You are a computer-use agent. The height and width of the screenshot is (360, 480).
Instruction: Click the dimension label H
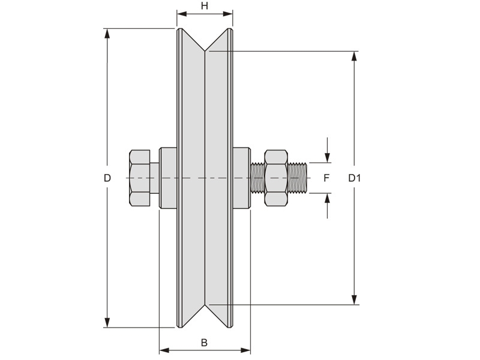205,6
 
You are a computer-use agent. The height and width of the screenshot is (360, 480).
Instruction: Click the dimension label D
107,178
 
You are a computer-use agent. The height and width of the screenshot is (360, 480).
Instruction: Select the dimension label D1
355,178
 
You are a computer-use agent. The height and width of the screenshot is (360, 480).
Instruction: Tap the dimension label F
326,178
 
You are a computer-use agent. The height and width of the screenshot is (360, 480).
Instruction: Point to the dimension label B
204,343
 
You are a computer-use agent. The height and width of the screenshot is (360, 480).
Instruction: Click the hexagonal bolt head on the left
139,178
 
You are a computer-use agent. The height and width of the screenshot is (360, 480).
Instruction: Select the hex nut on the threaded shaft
277,178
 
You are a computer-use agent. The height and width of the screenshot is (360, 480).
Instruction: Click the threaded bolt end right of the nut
299,178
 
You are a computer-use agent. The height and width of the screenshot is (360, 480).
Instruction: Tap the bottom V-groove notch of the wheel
205,313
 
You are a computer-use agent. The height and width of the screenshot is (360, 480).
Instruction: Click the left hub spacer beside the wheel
168,178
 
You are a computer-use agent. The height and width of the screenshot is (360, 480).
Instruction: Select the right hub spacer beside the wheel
241,178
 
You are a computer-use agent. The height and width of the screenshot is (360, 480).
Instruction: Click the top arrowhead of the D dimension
107,34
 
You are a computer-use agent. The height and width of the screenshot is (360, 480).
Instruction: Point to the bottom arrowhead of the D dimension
107,322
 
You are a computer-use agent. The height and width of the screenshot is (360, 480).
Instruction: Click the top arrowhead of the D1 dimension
355,57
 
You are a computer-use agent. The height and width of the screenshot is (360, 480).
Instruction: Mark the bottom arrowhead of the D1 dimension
355,299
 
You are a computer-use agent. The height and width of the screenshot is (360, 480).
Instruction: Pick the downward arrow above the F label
327,157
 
